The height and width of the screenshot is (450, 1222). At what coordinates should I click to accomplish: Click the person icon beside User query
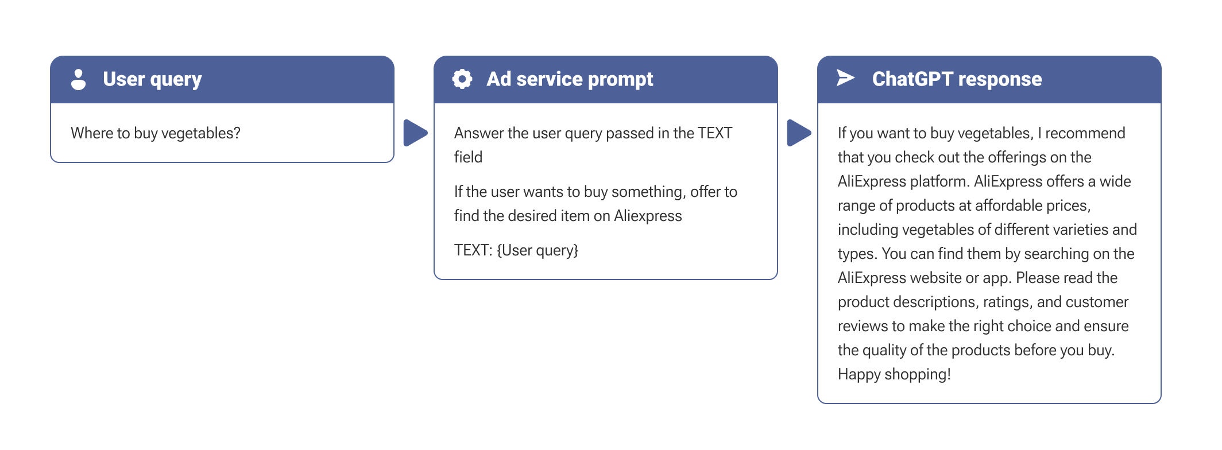(79, 79)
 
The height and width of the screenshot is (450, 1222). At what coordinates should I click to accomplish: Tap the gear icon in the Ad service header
(462, 79)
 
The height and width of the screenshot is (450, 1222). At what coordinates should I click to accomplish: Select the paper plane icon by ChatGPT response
(845, 77)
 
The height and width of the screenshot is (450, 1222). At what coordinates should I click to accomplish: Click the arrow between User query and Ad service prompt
(415, 133)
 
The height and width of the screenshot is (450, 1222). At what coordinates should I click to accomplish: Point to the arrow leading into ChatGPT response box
(799, 133)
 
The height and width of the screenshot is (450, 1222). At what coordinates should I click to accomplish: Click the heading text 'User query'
(152, 79)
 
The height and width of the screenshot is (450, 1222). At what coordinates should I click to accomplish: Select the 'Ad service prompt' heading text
(570, 79)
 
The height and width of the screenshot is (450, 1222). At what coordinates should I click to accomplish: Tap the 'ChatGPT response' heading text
(957, 79)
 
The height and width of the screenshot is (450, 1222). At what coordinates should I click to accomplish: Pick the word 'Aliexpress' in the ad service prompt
(648, 216)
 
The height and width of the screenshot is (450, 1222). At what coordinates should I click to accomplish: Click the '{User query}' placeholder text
(537, 250)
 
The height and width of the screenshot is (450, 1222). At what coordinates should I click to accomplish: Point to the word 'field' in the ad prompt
(468, 157)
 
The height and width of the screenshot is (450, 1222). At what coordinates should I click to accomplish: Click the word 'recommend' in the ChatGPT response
(1085, 133)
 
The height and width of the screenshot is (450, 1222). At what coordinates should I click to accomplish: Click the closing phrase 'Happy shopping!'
(894, 374)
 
